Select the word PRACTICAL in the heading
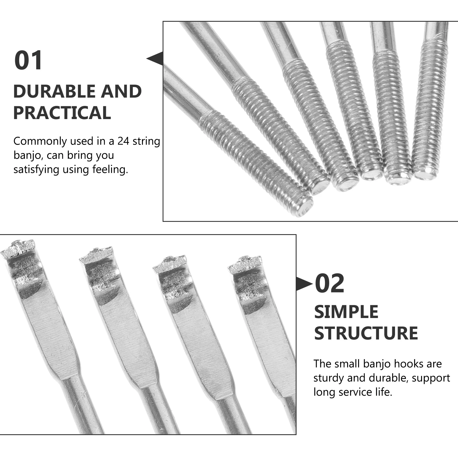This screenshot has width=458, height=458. click(x=62, y=112)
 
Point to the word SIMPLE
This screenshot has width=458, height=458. click(x=346, y=312)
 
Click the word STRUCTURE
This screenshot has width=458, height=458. click(x=366, y=333)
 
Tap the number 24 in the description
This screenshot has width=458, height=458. click(x=123, y=141)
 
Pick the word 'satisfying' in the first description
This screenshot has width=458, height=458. click(x=36, y=169)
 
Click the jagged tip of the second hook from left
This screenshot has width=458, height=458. click(x=96, y=255)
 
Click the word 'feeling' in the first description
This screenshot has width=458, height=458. click(x=110, y=169)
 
